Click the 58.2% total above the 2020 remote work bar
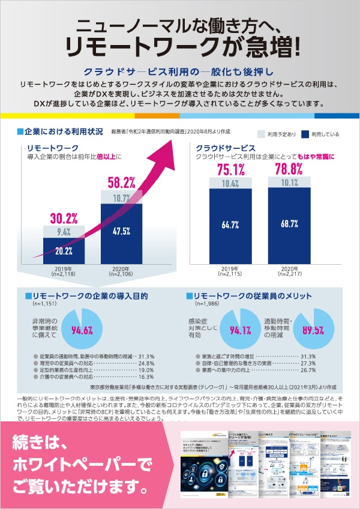[121, 182]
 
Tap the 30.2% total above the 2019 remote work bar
[64, 217]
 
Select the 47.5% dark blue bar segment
[121, 230]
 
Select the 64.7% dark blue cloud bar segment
[230, 224]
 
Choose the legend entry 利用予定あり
[274, 134]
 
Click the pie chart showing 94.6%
[82, 328]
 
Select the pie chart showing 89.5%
[313, 329]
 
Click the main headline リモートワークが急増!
[180, 46]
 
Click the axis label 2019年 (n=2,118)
[64, 271]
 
